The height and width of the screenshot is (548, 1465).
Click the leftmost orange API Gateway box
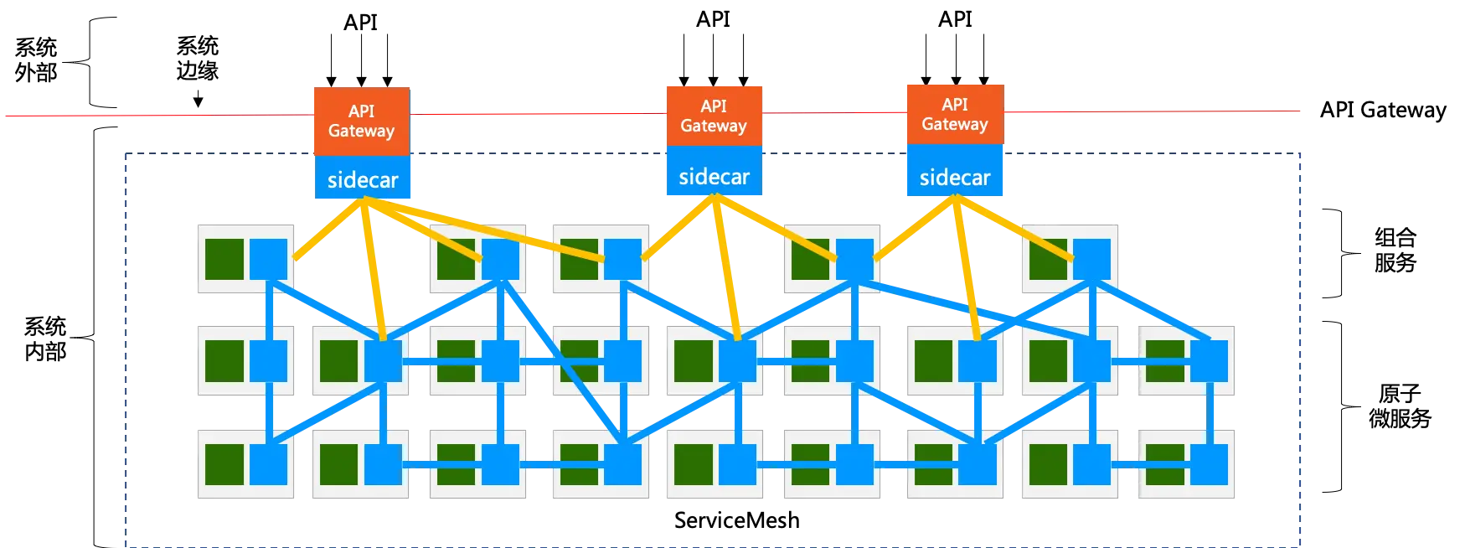(361, 121)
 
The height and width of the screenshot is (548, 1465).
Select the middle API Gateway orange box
(713, 116)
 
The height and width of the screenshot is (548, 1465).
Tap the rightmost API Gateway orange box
(954, 114)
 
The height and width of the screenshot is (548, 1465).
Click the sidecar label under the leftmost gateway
(363, 179)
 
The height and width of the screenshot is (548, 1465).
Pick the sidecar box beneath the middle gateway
(714, 176)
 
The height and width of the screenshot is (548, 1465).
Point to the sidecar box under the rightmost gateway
(954, 177)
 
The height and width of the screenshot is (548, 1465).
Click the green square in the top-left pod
(224, 258)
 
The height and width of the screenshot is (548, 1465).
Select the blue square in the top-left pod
(269, 258)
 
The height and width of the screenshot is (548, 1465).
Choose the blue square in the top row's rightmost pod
(1091, 258)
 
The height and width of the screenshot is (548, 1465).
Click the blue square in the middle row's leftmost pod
(269, 360)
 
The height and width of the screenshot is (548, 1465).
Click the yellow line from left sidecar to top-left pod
(328, 230)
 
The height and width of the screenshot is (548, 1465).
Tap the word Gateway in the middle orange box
(713, 126)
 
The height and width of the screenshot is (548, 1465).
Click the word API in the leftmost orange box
(361, 111)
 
